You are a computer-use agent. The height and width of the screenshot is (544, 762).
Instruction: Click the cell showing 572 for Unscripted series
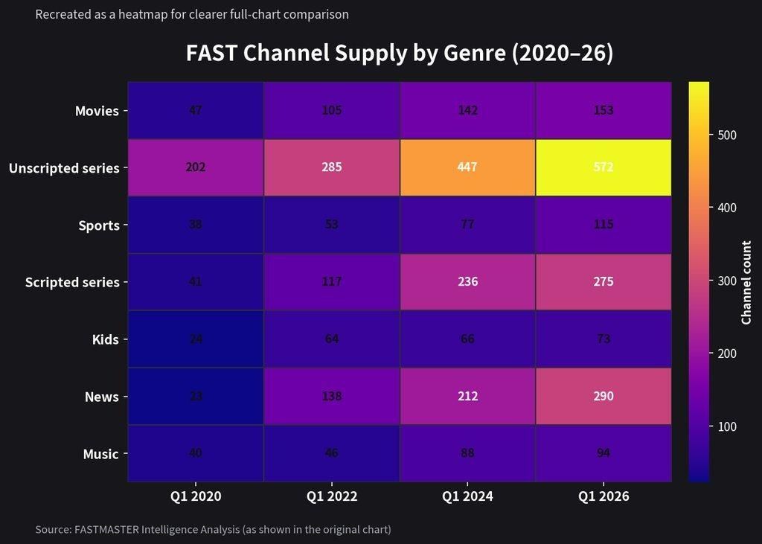[603, 167]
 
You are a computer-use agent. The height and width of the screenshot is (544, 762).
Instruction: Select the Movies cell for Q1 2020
[196, 110]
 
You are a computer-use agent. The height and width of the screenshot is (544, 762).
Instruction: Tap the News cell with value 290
[603, 396]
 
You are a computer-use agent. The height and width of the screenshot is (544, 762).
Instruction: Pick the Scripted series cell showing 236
[467, 282]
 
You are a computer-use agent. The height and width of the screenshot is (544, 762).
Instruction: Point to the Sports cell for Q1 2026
[603, 225]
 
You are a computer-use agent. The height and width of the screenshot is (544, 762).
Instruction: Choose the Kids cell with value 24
[196, 339]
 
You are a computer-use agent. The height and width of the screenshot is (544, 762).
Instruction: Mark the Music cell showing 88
[467, 452]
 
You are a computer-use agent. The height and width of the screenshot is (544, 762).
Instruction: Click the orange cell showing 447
[467, 167]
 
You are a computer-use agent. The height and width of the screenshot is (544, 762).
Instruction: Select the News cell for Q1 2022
[332, 396]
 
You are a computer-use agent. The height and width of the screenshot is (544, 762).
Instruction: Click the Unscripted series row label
[64, 168]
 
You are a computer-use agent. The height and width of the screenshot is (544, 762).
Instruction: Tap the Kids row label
[106, 339]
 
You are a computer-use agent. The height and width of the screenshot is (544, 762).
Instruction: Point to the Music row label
[100, 454]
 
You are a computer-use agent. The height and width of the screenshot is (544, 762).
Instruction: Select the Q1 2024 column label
[467, 496]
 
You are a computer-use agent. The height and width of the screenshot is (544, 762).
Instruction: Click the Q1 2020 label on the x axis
[196, 496]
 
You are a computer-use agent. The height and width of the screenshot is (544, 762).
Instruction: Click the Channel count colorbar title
[746, 282]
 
